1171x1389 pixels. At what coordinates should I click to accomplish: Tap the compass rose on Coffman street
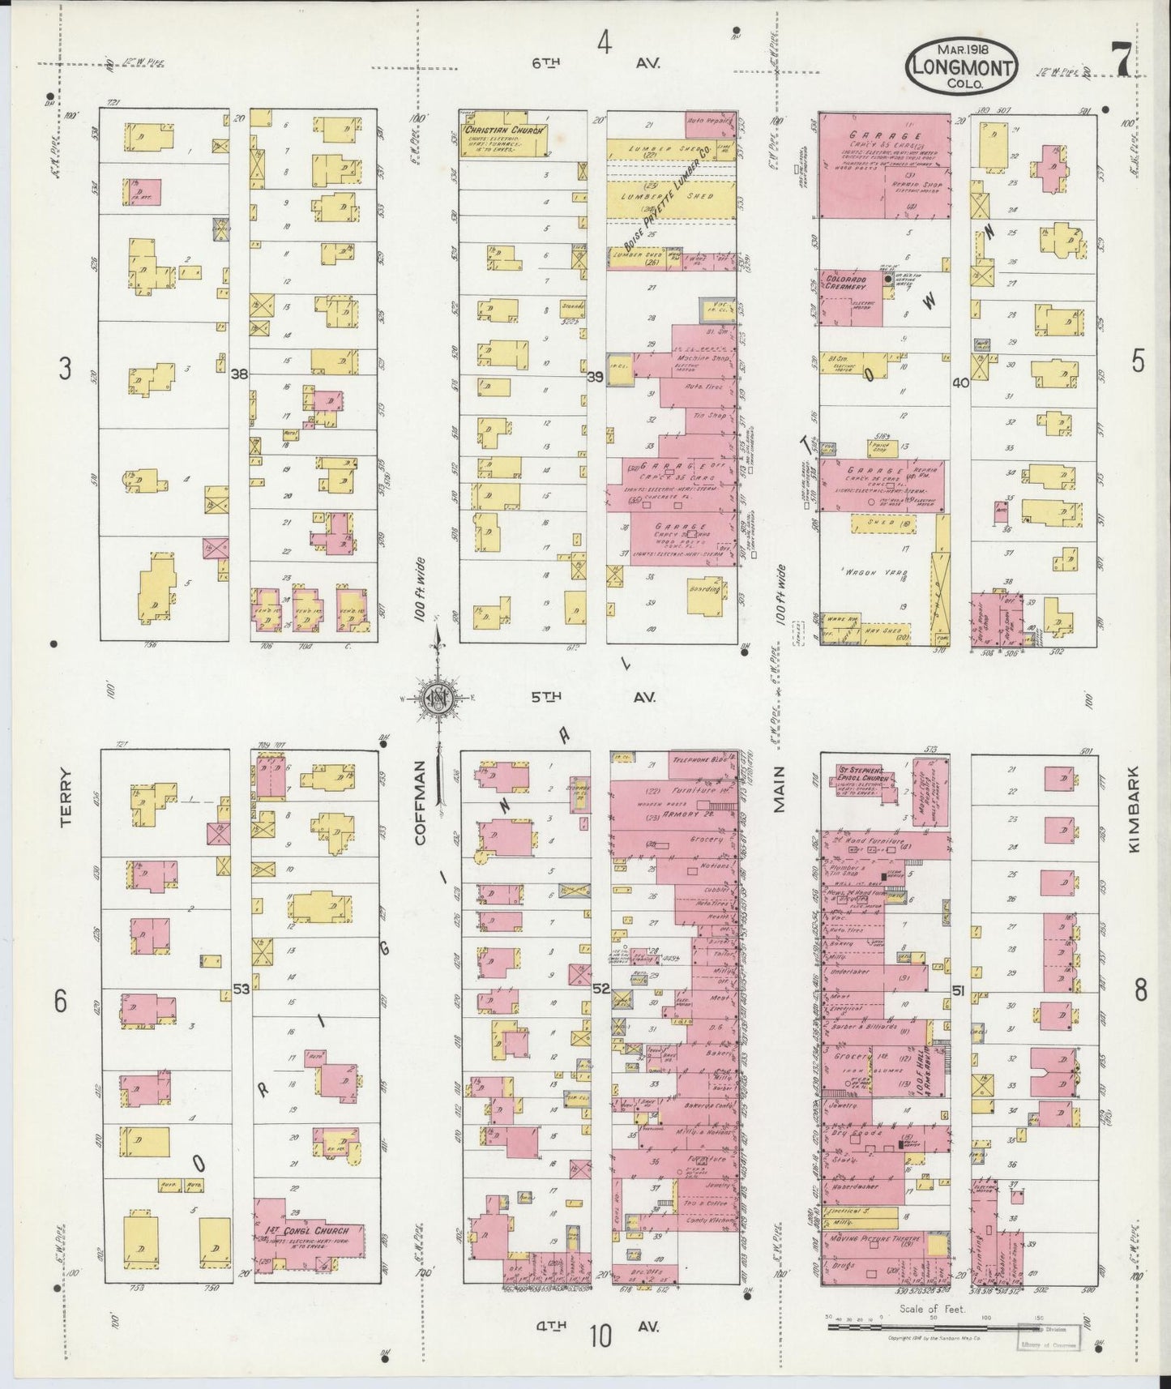438,699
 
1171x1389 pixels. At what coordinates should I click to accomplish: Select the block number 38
239,374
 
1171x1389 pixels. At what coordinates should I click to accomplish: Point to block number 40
961,383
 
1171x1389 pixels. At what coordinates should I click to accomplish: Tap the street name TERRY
67,798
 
